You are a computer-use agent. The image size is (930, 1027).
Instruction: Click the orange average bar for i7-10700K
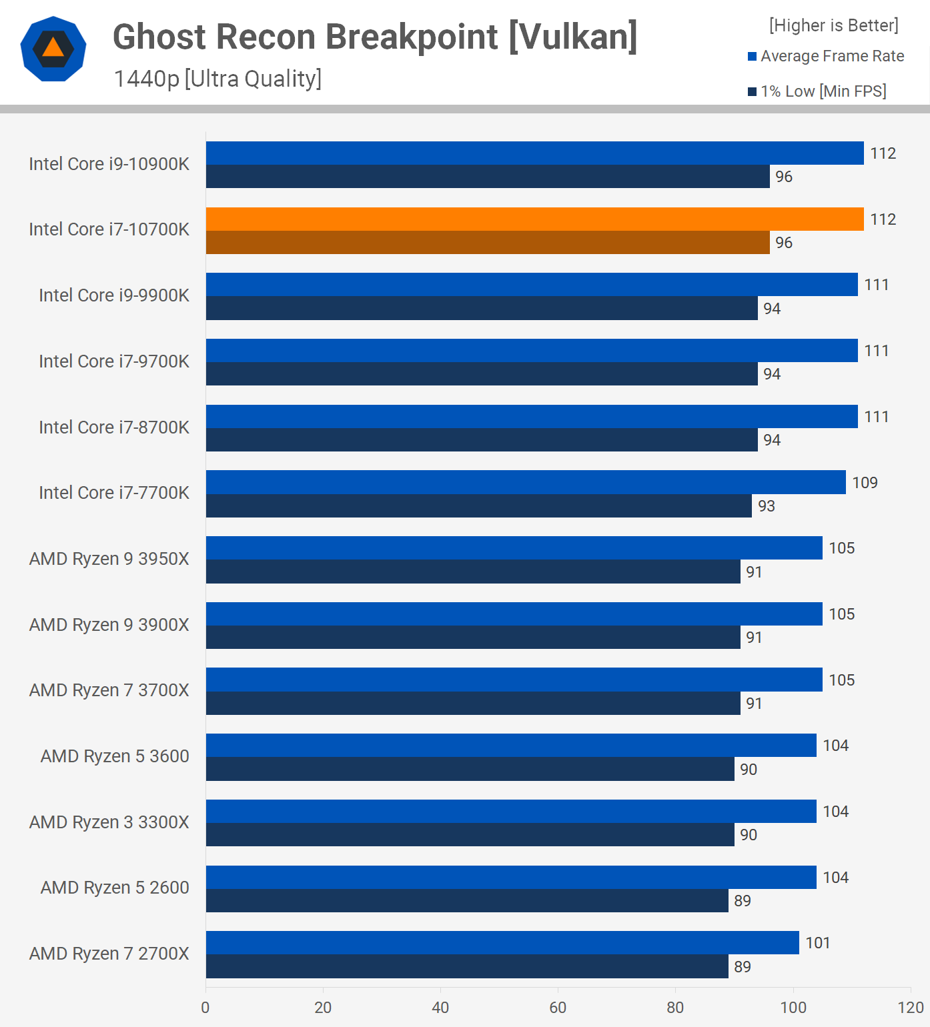pos(534,219)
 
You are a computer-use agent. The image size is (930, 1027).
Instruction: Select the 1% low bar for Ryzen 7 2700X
pos(467,966)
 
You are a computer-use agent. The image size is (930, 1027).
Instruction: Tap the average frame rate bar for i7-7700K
pos(526,482)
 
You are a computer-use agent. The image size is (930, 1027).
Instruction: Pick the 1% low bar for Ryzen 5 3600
pos(470,769)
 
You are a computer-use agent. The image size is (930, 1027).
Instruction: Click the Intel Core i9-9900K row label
pos(114,295)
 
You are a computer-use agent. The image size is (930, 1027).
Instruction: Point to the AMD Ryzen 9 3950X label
pos(109,559)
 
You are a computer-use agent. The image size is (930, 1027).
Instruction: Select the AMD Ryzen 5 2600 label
pos(115,888)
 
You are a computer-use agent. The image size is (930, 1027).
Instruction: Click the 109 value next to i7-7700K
pos(865,482)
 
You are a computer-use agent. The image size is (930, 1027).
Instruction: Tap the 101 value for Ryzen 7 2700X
pos(818,943)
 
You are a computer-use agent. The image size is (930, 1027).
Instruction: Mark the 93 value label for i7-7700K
pos(767,506)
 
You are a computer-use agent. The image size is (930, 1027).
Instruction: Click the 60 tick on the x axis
pos(558,1007)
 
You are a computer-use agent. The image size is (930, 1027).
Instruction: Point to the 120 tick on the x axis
pos(911,1007)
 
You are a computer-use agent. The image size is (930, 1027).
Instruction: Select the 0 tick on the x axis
pos(205,1007)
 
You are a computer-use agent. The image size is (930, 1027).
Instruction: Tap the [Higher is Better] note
pos(833,25)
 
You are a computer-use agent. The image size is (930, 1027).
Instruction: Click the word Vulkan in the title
pos(572,37)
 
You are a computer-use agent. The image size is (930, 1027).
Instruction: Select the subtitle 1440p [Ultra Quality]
pos(217,79)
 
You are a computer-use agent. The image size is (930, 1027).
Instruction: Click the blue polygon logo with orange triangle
pos(53,49)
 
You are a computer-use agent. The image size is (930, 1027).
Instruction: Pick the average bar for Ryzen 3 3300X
pos(511,811)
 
